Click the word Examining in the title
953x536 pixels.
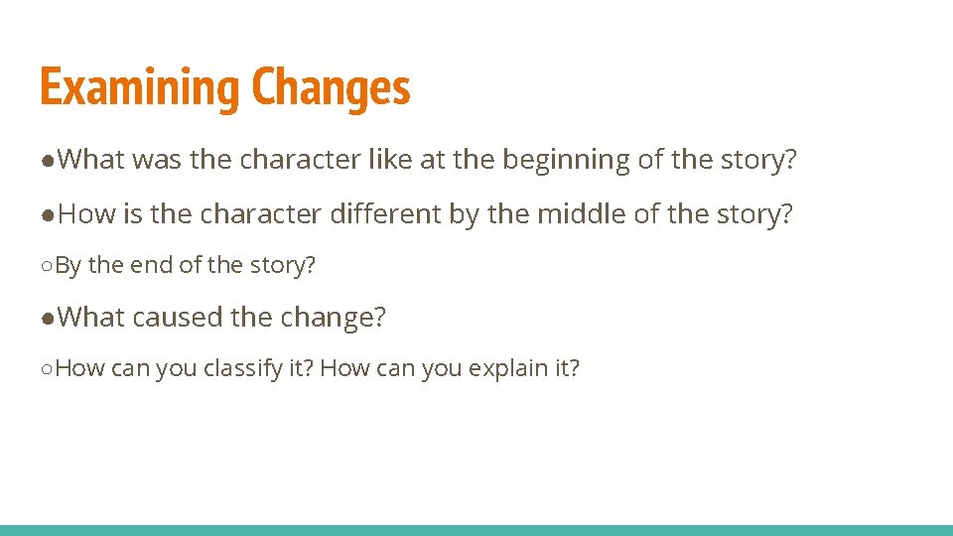point(140,88)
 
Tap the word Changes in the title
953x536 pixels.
point(331,88)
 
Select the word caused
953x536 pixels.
point(178,318)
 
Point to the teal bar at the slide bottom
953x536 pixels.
point(476,530)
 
